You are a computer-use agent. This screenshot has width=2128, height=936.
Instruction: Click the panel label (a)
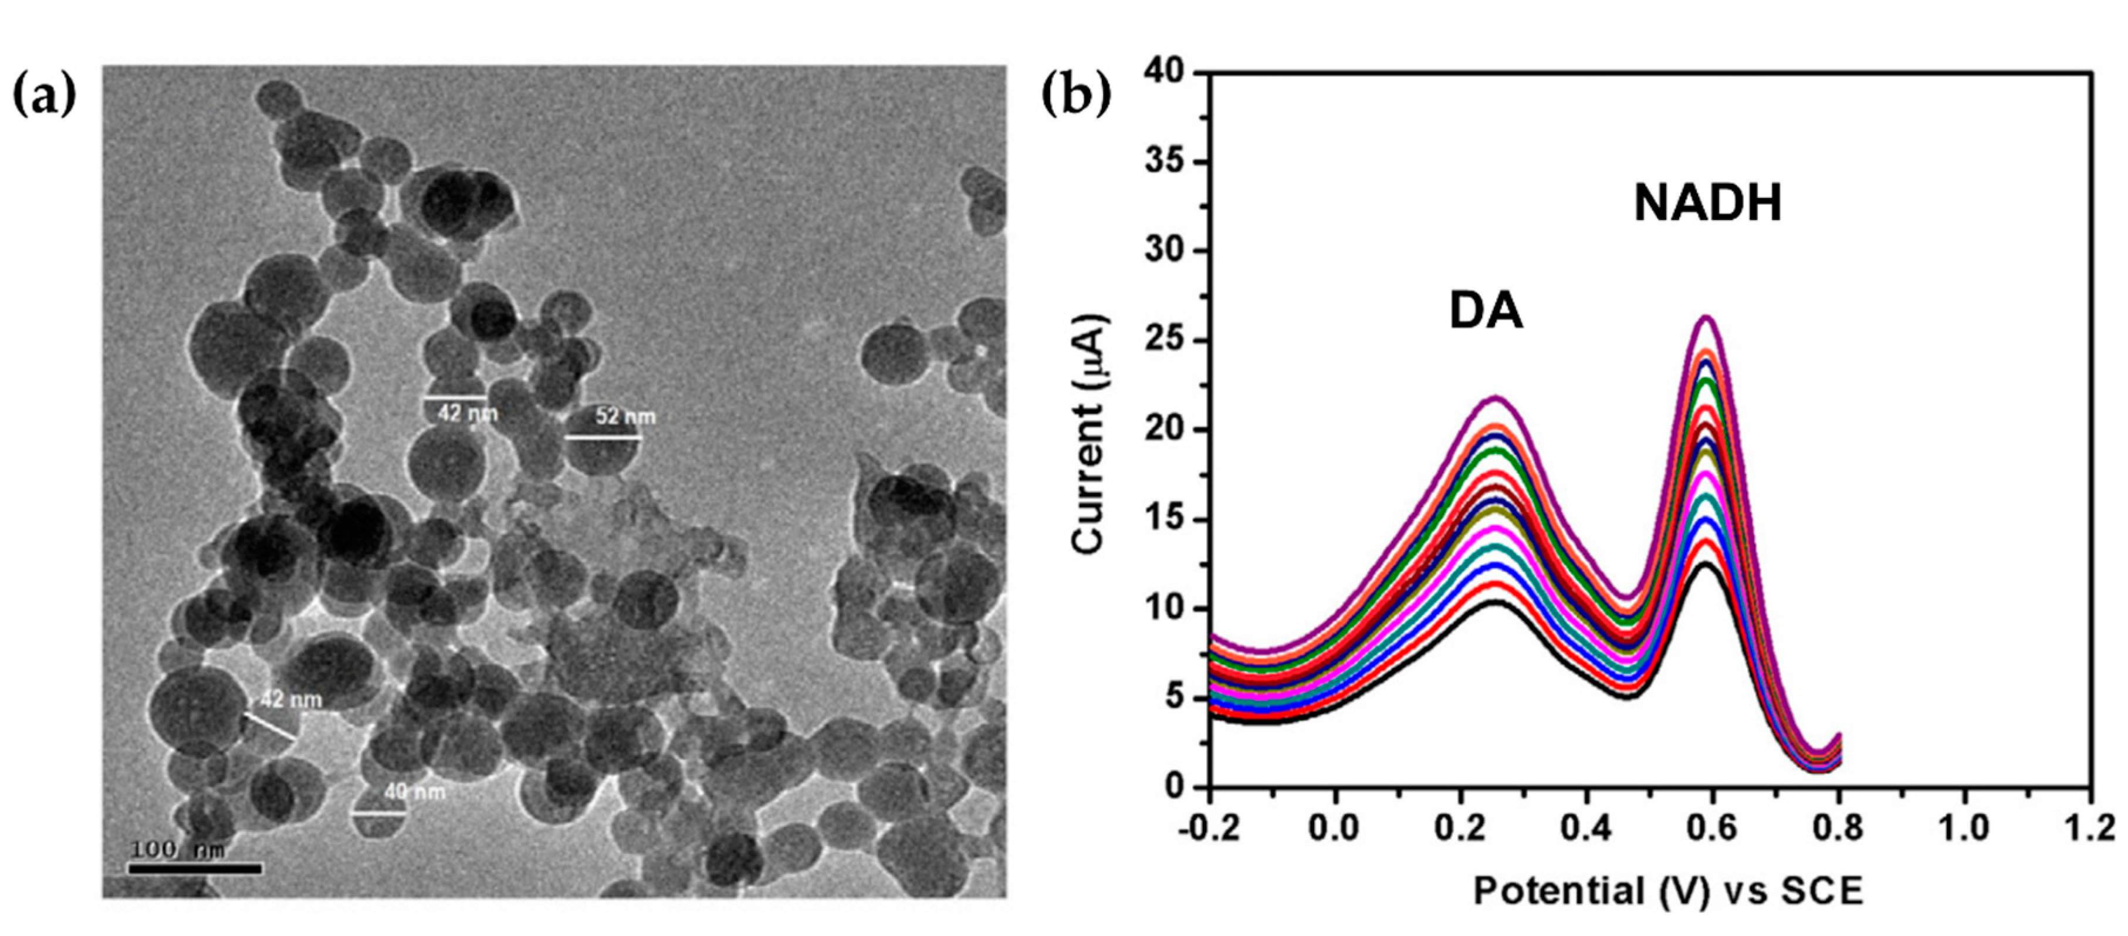coord(45,97)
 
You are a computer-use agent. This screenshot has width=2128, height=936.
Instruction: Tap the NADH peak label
coord(1707,203)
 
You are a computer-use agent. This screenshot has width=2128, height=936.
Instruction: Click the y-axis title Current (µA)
coord(1090,434)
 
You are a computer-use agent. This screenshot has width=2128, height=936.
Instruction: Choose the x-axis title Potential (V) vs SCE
coord(1669,892)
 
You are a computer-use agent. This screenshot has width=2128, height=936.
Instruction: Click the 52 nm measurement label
coord(625,417)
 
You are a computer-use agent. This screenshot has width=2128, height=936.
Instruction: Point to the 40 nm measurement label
coord(415,792)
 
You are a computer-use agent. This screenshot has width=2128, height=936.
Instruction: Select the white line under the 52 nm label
coord(603,438)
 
